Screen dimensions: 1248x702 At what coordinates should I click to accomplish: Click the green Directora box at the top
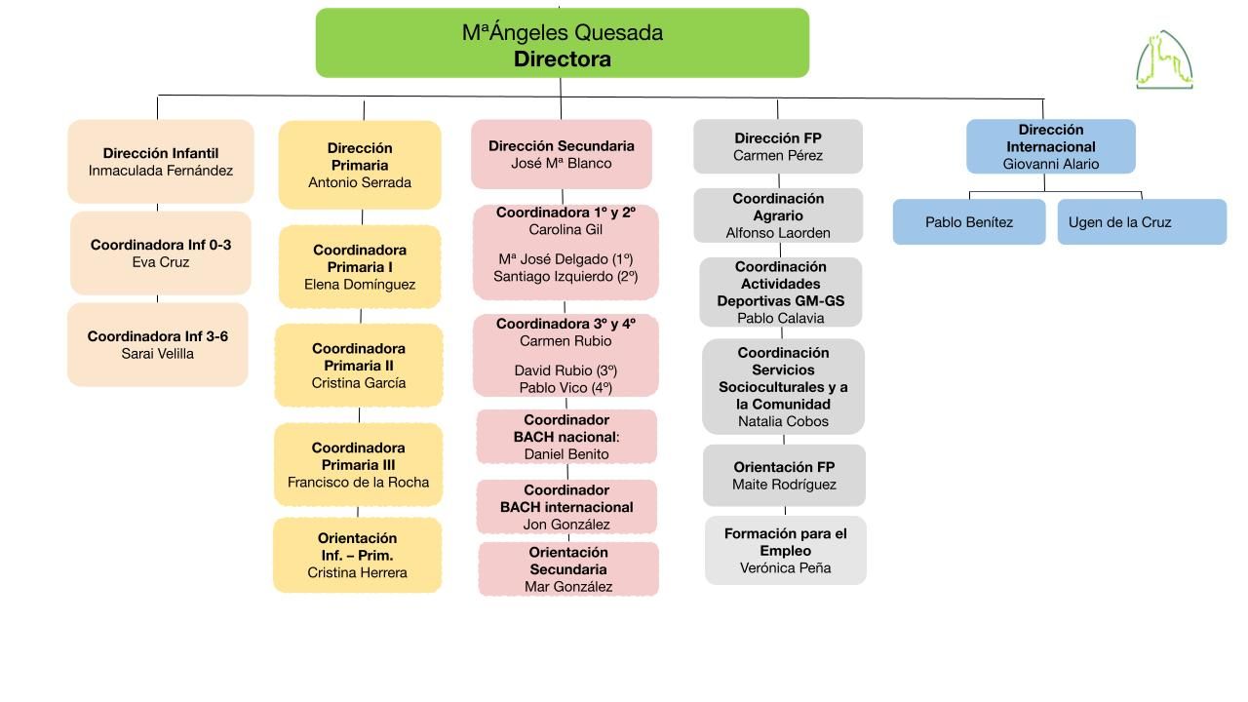coord(563,43)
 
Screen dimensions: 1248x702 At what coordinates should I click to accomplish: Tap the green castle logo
coord(1164,60)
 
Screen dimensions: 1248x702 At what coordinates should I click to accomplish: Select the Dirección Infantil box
coord(161,162)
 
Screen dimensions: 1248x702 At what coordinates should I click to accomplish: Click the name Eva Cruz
coord(161,262)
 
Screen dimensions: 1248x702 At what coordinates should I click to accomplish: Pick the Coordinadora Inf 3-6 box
coord(158,345)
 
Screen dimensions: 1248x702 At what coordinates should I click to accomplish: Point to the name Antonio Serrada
coord(360,182)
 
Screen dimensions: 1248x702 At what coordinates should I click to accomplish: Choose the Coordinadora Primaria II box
coord(359,366)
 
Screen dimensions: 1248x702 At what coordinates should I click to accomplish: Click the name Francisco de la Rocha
coord(358,483)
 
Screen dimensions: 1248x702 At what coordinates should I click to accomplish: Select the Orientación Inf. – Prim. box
coord(357,555)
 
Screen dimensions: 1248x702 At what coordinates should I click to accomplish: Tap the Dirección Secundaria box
coord(562,154)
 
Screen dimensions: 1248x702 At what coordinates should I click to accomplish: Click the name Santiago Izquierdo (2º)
coord(565,277)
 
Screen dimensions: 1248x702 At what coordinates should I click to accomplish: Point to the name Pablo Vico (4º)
coord(565,388)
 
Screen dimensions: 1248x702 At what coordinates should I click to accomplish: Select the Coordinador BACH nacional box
coord(566,437)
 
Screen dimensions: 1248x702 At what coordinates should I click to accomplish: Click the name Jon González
coord(566,525)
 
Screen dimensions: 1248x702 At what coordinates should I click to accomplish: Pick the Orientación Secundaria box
coord(568,569)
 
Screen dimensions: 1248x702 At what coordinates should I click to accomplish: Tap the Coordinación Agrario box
coord(778,215)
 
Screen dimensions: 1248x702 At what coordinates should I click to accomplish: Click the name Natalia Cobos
coord(783,422)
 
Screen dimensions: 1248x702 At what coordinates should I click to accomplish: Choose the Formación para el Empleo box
coord(786,551)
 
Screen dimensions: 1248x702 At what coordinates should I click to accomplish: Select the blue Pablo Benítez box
coord(969,221)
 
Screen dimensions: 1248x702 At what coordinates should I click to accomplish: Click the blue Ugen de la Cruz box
coord(1142,221)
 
